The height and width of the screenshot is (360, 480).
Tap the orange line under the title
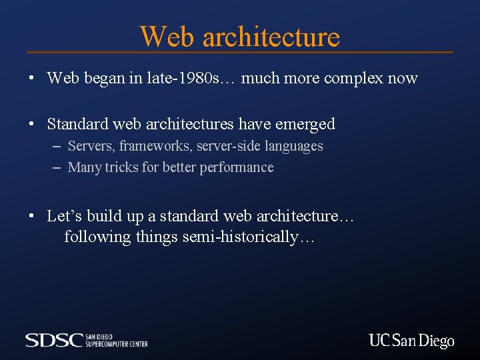pyautogui.click(x=240, y=52)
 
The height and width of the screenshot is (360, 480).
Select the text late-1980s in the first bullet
pyautogui.click(x=197, y=78)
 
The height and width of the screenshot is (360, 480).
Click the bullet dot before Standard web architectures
pyautogui.click(x=31, y=125)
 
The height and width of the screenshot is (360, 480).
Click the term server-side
pyautogui.click(x=229, y=146)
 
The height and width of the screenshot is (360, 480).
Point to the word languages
pyautogui.click(x=294, y=147)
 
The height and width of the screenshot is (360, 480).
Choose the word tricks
pyautogui.click(x=121, y=167)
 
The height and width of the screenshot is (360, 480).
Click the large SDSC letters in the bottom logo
pyautogui.click(x=53, y=340)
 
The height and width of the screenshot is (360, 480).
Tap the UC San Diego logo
pyautogui.click(x=411, y=341)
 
